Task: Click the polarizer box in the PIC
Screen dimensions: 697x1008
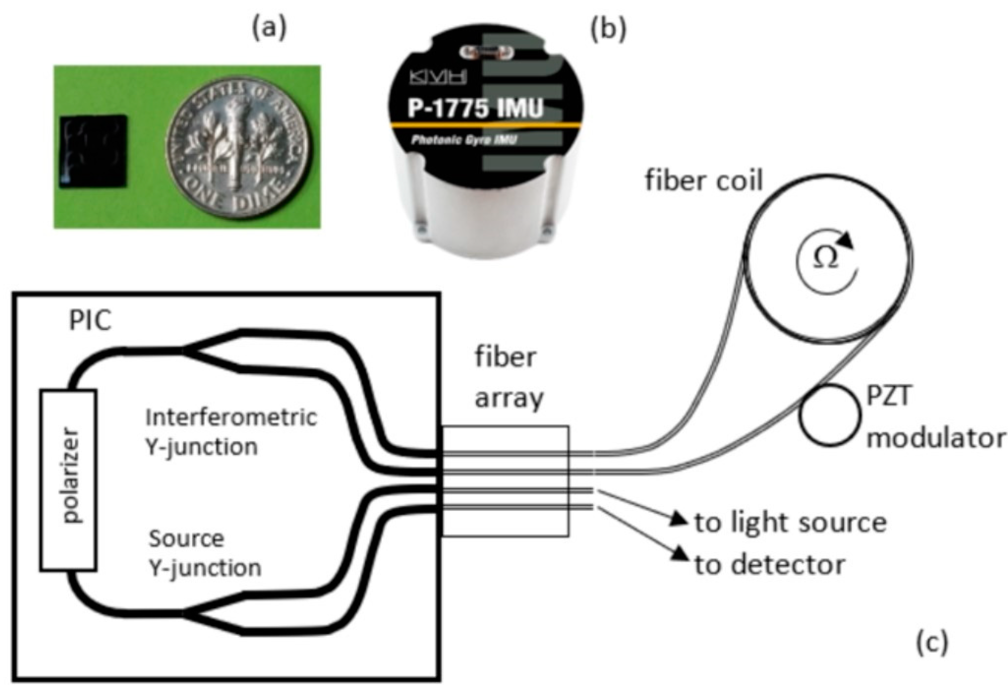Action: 68,480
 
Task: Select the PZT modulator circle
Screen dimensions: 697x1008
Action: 830,415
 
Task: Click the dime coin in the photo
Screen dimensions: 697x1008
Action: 237,148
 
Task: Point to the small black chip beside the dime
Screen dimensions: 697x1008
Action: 93,151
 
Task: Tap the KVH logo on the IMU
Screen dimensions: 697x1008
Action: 438,78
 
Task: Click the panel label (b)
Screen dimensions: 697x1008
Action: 608,28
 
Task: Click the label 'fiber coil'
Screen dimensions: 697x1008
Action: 704,180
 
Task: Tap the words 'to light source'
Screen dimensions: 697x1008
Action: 790,522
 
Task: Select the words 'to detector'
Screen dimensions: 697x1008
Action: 770,565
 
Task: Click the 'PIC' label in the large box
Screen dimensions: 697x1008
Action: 90,320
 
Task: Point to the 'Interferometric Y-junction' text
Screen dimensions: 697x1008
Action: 230,432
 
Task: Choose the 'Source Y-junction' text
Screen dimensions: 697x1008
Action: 204,553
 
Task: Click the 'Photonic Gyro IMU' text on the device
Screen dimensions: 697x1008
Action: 464,140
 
